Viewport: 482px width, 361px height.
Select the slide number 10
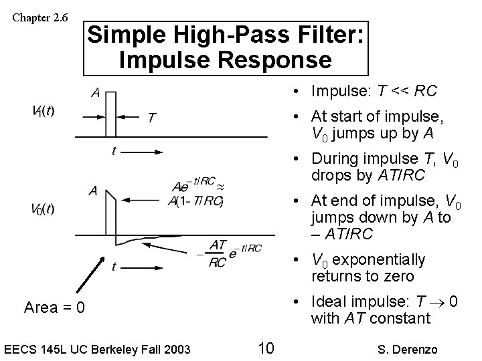[x=265, y=348]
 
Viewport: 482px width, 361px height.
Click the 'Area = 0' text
[x=54, y=308]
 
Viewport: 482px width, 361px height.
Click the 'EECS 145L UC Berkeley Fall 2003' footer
[x=98, y=348]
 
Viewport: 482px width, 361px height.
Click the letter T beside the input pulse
[x=152, y=118]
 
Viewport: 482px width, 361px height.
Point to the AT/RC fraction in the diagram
[x=218, y=253]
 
